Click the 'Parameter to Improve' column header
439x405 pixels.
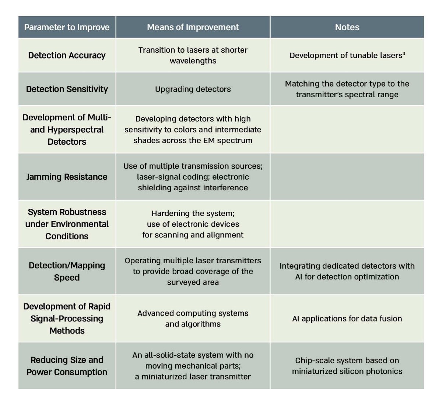pos(67,27)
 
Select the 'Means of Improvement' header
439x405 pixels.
pos(193,27)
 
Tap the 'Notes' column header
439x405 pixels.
pos(347,27)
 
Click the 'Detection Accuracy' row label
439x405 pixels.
pos(67,55)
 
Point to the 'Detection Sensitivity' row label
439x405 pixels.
pos(67,89)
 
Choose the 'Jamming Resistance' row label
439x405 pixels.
pos(67,177)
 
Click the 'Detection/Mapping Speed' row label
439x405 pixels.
pos(67,271)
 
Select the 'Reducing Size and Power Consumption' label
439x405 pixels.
pos(67,366)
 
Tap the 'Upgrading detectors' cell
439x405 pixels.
pos(193,89)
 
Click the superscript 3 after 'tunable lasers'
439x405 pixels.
pos(404,53)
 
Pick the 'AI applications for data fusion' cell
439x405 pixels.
pos(347,318)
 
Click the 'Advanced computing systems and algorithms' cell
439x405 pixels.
pos(193,318)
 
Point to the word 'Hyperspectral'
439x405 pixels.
pos(80,130)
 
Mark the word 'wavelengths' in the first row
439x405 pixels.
pos(193,61)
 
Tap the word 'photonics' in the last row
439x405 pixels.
pos(386,371)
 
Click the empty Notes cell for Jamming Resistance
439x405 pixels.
pos(347,177)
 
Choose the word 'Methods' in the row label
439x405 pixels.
pos(67,331)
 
